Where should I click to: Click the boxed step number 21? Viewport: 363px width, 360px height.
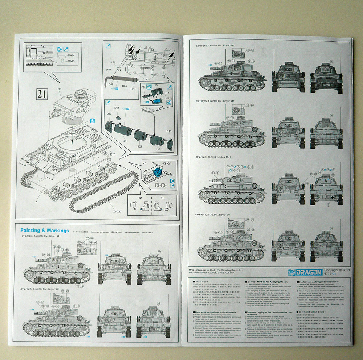[x=42, y=95]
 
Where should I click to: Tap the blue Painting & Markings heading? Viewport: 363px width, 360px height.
[x=45, y=231]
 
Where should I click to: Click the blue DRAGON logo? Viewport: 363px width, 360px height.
[x=305, y=272]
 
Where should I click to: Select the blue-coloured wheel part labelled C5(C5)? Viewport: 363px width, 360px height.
[x=158, y=173]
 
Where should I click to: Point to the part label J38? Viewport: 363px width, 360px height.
[x=59, y=89]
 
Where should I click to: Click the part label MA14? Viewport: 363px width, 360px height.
[x=71, y=55]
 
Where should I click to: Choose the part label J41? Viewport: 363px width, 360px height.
[x=147, y=79]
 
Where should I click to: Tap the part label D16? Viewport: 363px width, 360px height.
[x=169, y=131]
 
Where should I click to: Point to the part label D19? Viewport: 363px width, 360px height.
[x=109, y=69]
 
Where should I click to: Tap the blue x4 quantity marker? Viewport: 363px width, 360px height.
[x=168, y=102]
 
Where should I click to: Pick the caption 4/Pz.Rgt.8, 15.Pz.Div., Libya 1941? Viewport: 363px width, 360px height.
[x=213, y=157]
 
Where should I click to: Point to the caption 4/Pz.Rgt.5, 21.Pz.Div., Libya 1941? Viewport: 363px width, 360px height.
[x=213, y=215]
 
